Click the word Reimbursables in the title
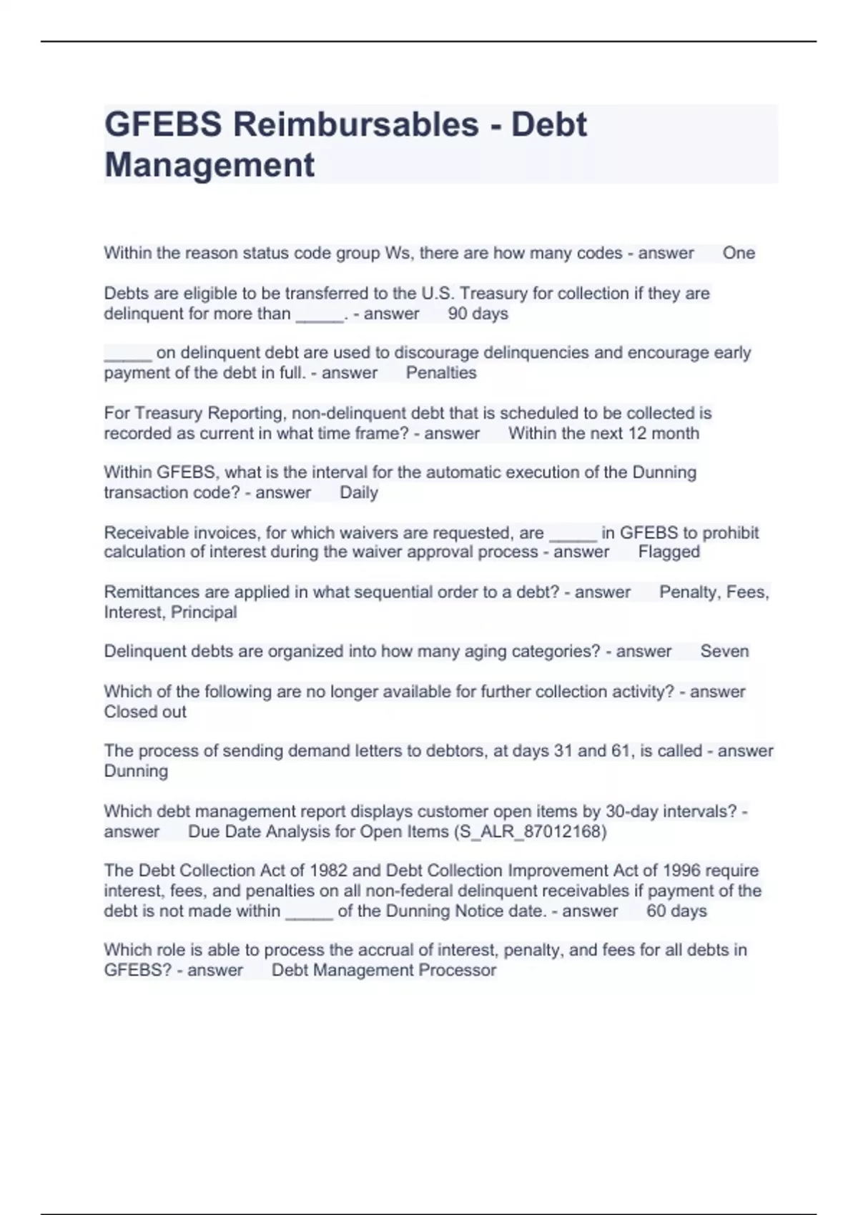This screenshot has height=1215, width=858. point(355,124)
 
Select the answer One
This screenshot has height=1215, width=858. point(739,253)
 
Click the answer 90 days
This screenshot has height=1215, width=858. point(478,314)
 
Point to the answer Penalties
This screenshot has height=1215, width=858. point(440,373)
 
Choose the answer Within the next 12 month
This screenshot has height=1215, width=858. point(603,433)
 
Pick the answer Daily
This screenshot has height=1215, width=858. point(358,492)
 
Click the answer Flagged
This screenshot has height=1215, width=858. point(669,552)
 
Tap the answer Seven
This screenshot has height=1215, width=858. point(724,651)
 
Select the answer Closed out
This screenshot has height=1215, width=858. point(145,712)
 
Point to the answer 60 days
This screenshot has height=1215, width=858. point(676,911)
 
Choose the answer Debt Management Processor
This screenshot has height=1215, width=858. point(383,971)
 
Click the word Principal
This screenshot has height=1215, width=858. point(203,613)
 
